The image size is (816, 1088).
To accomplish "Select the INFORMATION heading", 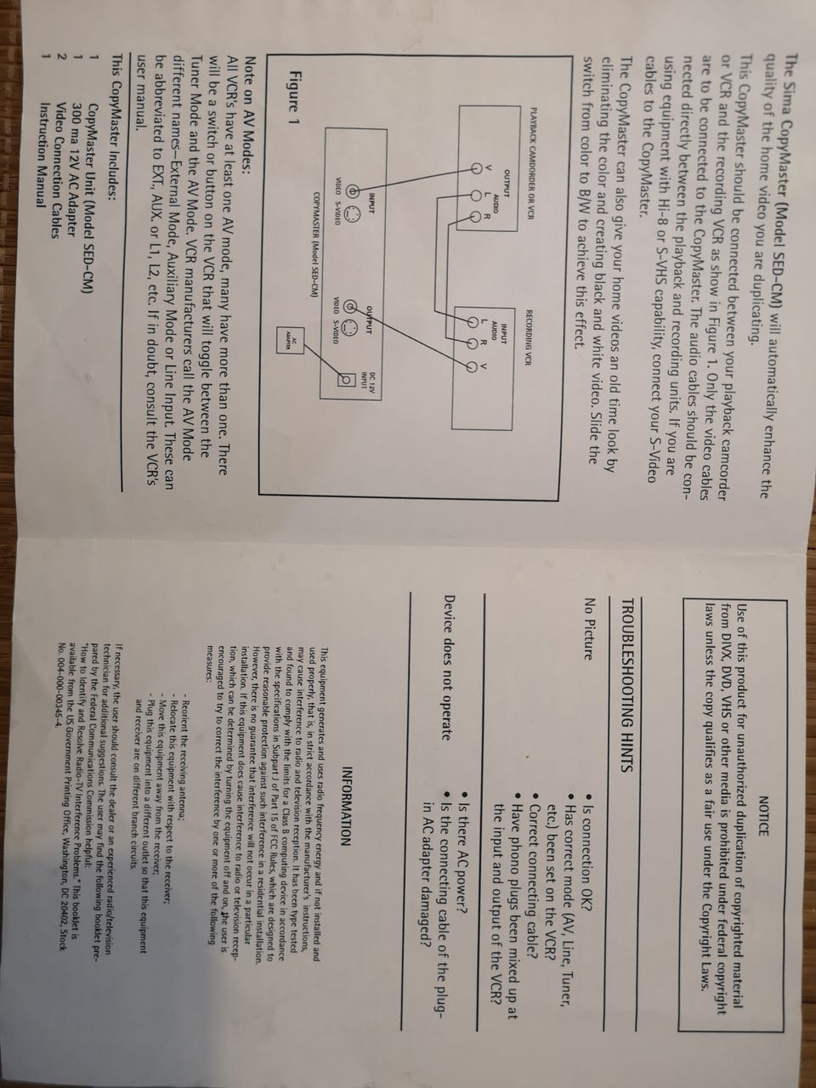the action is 348,796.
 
